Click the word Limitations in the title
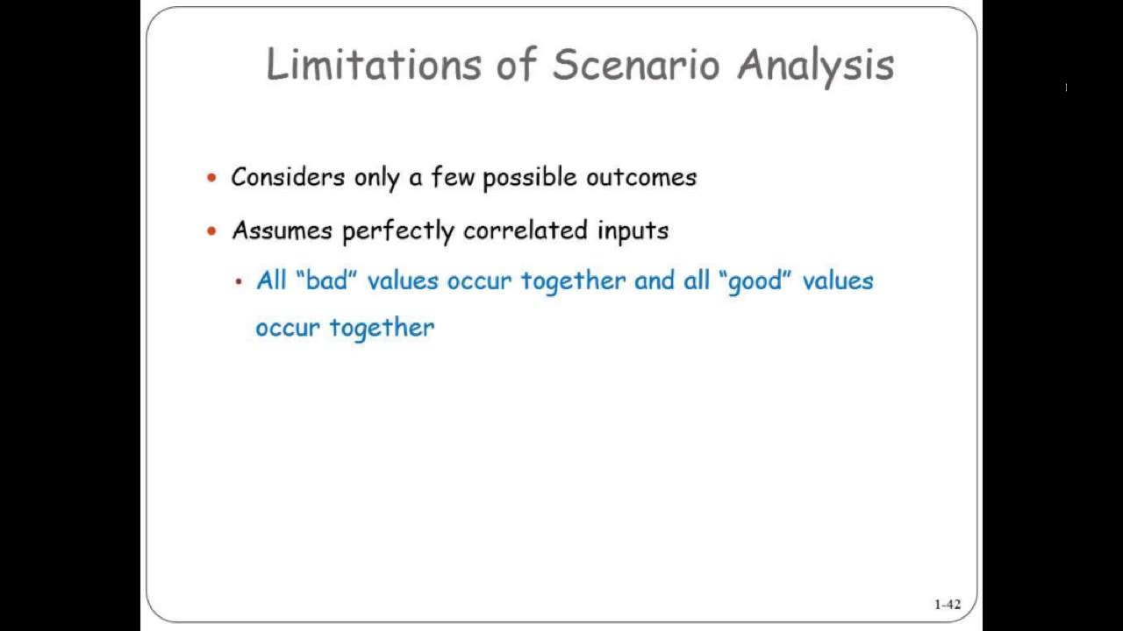(374, 65)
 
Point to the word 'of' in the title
(516, 65)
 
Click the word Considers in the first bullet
(288, 177)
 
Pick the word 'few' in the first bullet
(453, 177)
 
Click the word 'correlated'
(526, 230)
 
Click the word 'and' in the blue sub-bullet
(654, 281)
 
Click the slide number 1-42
(948, 605)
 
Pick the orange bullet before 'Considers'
(211, 178)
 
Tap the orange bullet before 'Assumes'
(211, 231)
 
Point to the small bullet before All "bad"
(238, 282)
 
